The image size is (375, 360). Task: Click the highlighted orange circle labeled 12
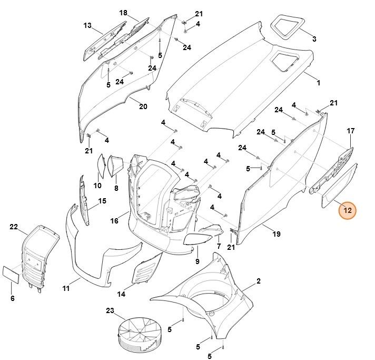click(x=347, y=210)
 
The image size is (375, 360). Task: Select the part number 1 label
click(x=318, y=83)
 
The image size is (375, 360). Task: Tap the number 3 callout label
click(x=314, y=39)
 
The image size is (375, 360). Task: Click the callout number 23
click(x=110, y=310)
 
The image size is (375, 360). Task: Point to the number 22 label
click(x=14, y=227)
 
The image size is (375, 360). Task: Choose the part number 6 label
click(x=13, y=299)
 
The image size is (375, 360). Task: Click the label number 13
click(x=87, y=25)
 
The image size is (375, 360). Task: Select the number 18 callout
click(x=123, y=13)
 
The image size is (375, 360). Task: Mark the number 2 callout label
click(x=259, y=281)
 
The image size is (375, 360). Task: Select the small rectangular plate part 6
click(x=12, y=274)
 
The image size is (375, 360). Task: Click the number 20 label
click(x=143, y=106)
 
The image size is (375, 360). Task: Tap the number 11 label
click(x=66, y=288)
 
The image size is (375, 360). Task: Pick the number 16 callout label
click(x=114, y=220)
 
